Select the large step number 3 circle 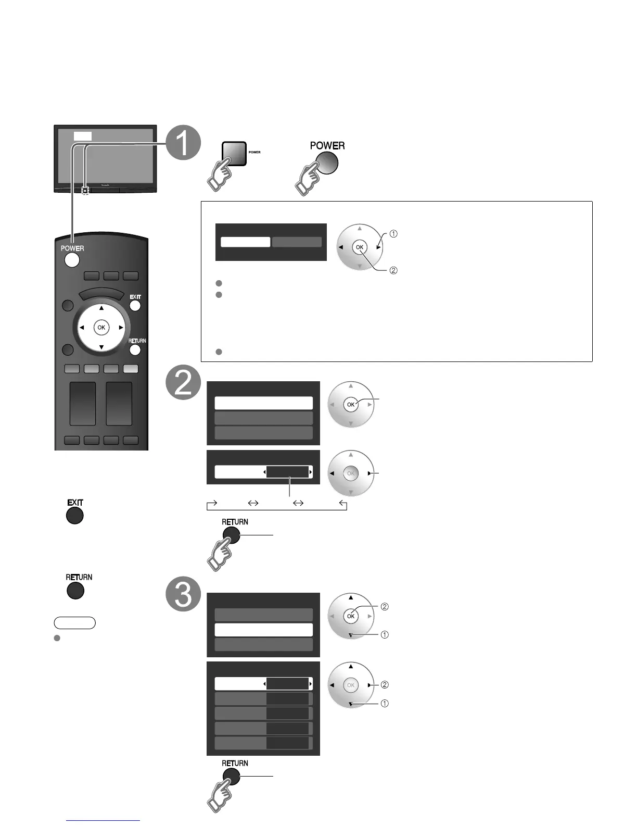click(183, 594)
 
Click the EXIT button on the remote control click(135, 306)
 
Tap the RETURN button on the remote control click(135, 349)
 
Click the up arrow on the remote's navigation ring click(101, 308)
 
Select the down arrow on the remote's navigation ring click(101, 347)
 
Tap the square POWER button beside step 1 click(234, 153)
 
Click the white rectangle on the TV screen click(82, 136)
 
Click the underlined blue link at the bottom click(103, 820)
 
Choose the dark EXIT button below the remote click(75, 516)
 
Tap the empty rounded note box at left click(74, 622)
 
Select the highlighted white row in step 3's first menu click(263, 630)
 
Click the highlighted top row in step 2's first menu click(263, 403)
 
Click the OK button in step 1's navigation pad click(359, 247)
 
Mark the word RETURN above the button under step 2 click(235, 522)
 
